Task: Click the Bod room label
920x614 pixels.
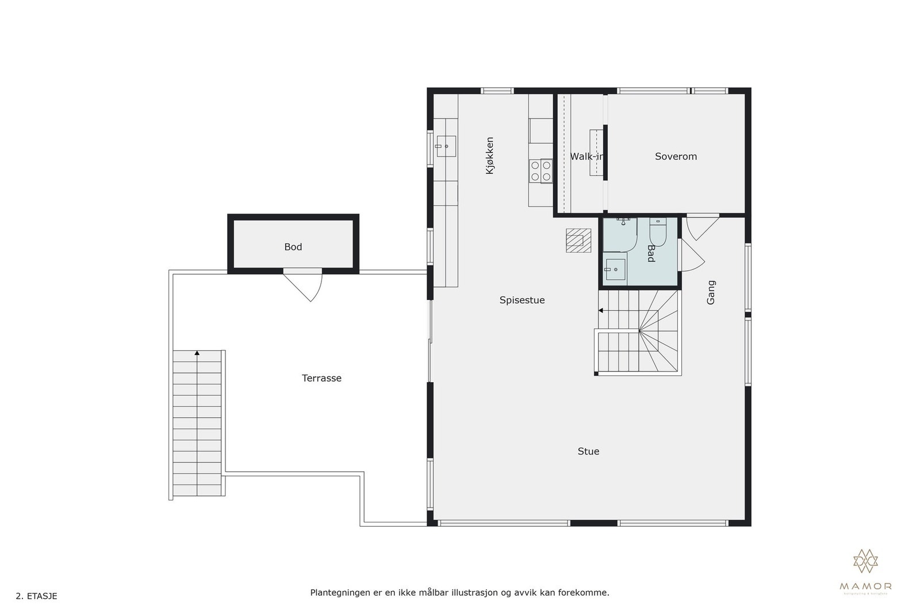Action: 293,247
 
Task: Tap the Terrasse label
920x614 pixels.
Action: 321,378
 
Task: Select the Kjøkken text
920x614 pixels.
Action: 490,155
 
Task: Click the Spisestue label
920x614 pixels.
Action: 522,300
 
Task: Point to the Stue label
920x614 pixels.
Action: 588,451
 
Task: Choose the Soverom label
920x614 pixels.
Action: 676,157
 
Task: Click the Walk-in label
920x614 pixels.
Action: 586,157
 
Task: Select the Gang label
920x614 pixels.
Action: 711,292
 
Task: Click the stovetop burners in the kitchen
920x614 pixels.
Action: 540,171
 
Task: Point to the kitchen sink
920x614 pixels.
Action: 446,146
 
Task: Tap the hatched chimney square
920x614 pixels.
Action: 578,241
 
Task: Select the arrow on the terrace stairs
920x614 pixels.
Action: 197,352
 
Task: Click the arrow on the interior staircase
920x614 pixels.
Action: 600,310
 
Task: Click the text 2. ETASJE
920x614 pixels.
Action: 36,596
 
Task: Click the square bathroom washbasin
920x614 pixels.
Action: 615,269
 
